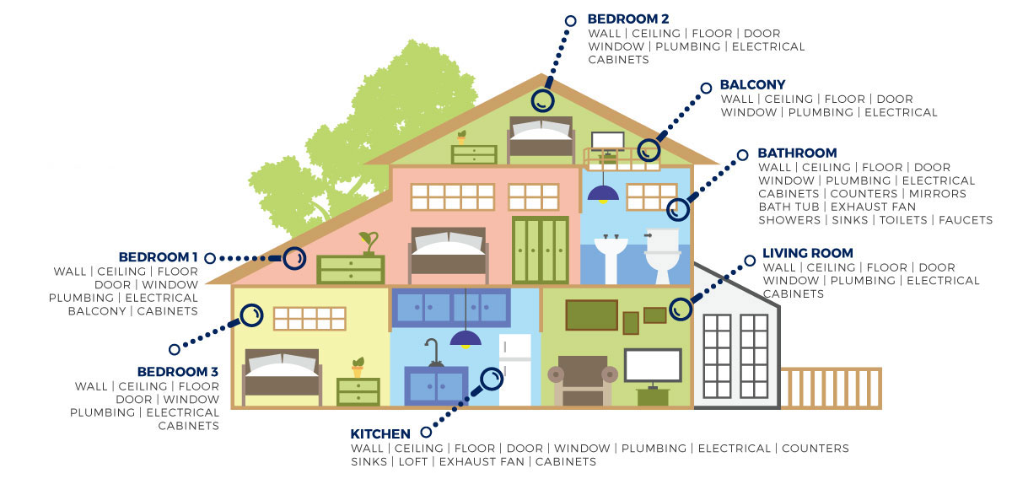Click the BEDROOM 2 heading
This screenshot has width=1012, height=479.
click(x=628, y=19)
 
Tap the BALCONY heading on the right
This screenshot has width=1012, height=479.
click(x=752, y=85)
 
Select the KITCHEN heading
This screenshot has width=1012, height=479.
click(x=380, y=433)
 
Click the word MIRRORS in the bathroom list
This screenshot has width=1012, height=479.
click(x=938, y=194)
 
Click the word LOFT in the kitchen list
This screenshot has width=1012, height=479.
click(x=413, y=462)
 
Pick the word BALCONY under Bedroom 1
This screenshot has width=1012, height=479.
click(x=97, y=311)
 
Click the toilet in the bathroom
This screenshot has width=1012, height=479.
click(x=662, y=256)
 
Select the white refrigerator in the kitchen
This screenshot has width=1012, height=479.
click(x=514, y=369)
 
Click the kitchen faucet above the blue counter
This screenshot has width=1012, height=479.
click(x=433, y=353)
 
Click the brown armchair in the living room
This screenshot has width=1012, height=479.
click(x=583, y=380)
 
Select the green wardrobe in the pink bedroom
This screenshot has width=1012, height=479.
click(x=541, y=250)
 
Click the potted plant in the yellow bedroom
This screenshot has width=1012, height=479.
click(x=358, y=368)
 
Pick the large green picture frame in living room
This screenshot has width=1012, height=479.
click(x=592, y=315)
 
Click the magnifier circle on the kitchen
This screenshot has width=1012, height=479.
click(x=491, y=379)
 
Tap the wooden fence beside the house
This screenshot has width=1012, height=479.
click(x=832, y=389)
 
